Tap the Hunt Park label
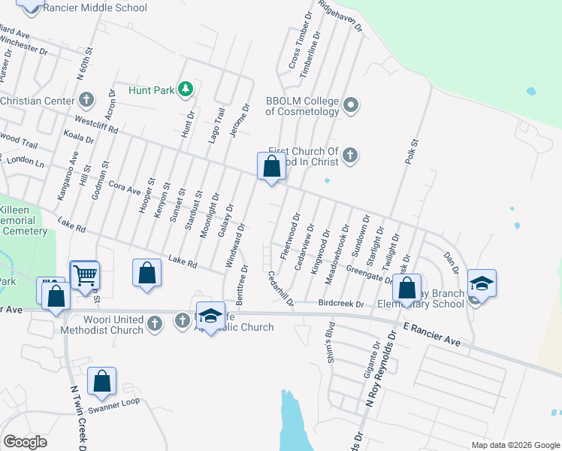(x=151, y=90)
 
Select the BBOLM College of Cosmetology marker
(x=351, y=106)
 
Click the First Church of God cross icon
(x=349, y=156)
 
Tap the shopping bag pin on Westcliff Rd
(x=271, y=167)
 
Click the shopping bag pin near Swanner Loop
(x=101, y=381)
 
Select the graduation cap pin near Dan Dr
(x=481, y=283)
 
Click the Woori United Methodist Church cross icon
(x=155, y=324)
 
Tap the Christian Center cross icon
(x=86, y=100)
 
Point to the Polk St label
(x=414, y=153)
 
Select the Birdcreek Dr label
(x=340, y=304)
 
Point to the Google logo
(x=26, y=441)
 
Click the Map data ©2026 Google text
(x=515, y=445)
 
